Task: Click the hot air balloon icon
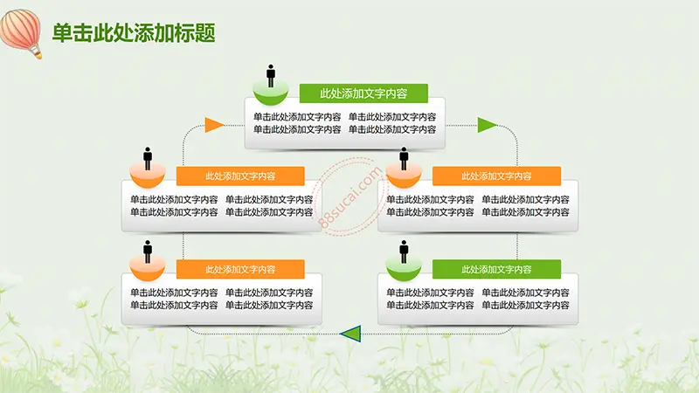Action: pos(21,33)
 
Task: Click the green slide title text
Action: pos(134,33)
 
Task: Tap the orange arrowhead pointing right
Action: pos(214,125)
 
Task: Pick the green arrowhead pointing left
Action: pos(350,334)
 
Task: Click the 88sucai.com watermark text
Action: pos(351,196)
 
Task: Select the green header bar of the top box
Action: pos(363,93)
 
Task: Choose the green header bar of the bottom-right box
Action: pos(496,269)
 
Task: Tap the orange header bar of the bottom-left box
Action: pos(240,269)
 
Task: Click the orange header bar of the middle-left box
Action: pos(240,176)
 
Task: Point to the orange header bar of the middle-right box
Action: pos(496,176)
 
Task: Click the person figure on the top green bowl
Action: pos(271,76)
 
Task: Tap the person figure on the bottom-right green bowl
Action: pos(404,252)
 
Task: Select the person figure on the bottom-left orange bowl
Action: pos(148,252)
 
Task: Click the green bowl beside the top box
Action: pos(271,93)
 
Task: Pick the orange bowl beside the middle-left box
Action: pos(148,176)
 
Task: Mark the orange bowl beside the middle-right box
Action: pos(404,176)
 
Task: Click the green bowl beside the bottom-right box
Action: pos(404,270)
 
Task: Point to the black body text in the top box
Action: pos(344,123)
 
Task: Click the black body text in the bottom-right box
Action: pos(478,299)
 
